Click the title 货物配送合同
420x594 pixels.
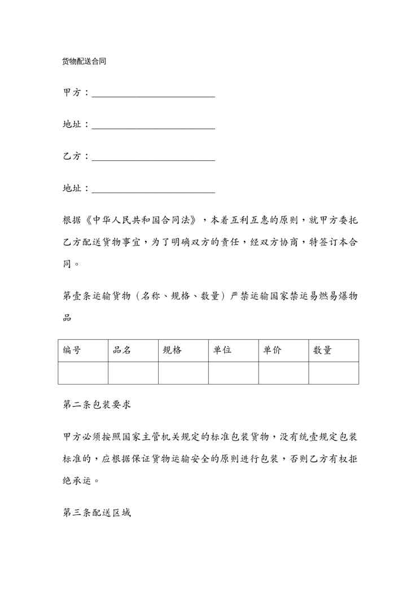click(x=84, y=62)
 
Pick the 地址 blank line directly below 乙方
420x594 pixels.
click(x=153, y=189)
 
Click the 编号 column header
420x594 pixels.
click(x=72, y=350)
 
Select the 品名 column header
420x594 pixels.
click(x=122, y=350)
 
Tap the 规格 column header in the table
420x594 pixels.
click(x=172, y=350)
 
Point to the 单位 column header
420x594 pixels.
click(x=222, y=350)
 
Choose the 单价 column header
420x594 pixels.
click(x=273, y=350)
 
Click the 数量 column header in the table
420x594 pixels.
click(x=322, y=350)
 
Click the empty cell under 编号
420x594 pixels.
click(x=83, y=373)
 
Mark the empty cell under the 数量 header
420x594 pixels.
click(x=333, y=373)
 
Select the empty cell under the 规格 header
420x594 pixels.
click(x=183, y=373)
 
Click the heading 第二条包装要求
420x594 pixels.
click(x=97, y=405)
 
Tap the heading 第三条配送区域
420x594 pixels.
click(x=97, y=514)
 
